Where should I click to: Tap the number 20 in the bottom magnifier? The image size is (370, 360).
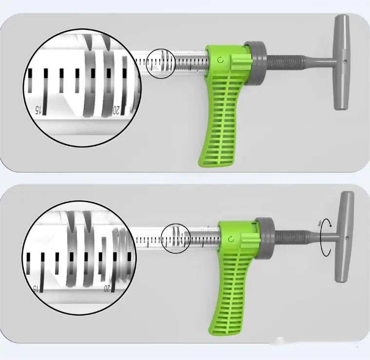[x=107, y=288]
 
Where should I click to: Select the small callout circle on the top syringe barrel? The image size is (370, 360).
[x=162, y=63]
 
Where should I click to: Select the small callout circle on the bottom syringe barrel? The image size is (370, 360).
[x=175, y=238]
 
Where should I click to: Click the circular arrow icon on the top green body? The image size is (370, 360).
[x=221, y=60]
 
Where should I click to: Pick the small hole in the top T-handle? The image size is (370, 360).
[x=344, y=61]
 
